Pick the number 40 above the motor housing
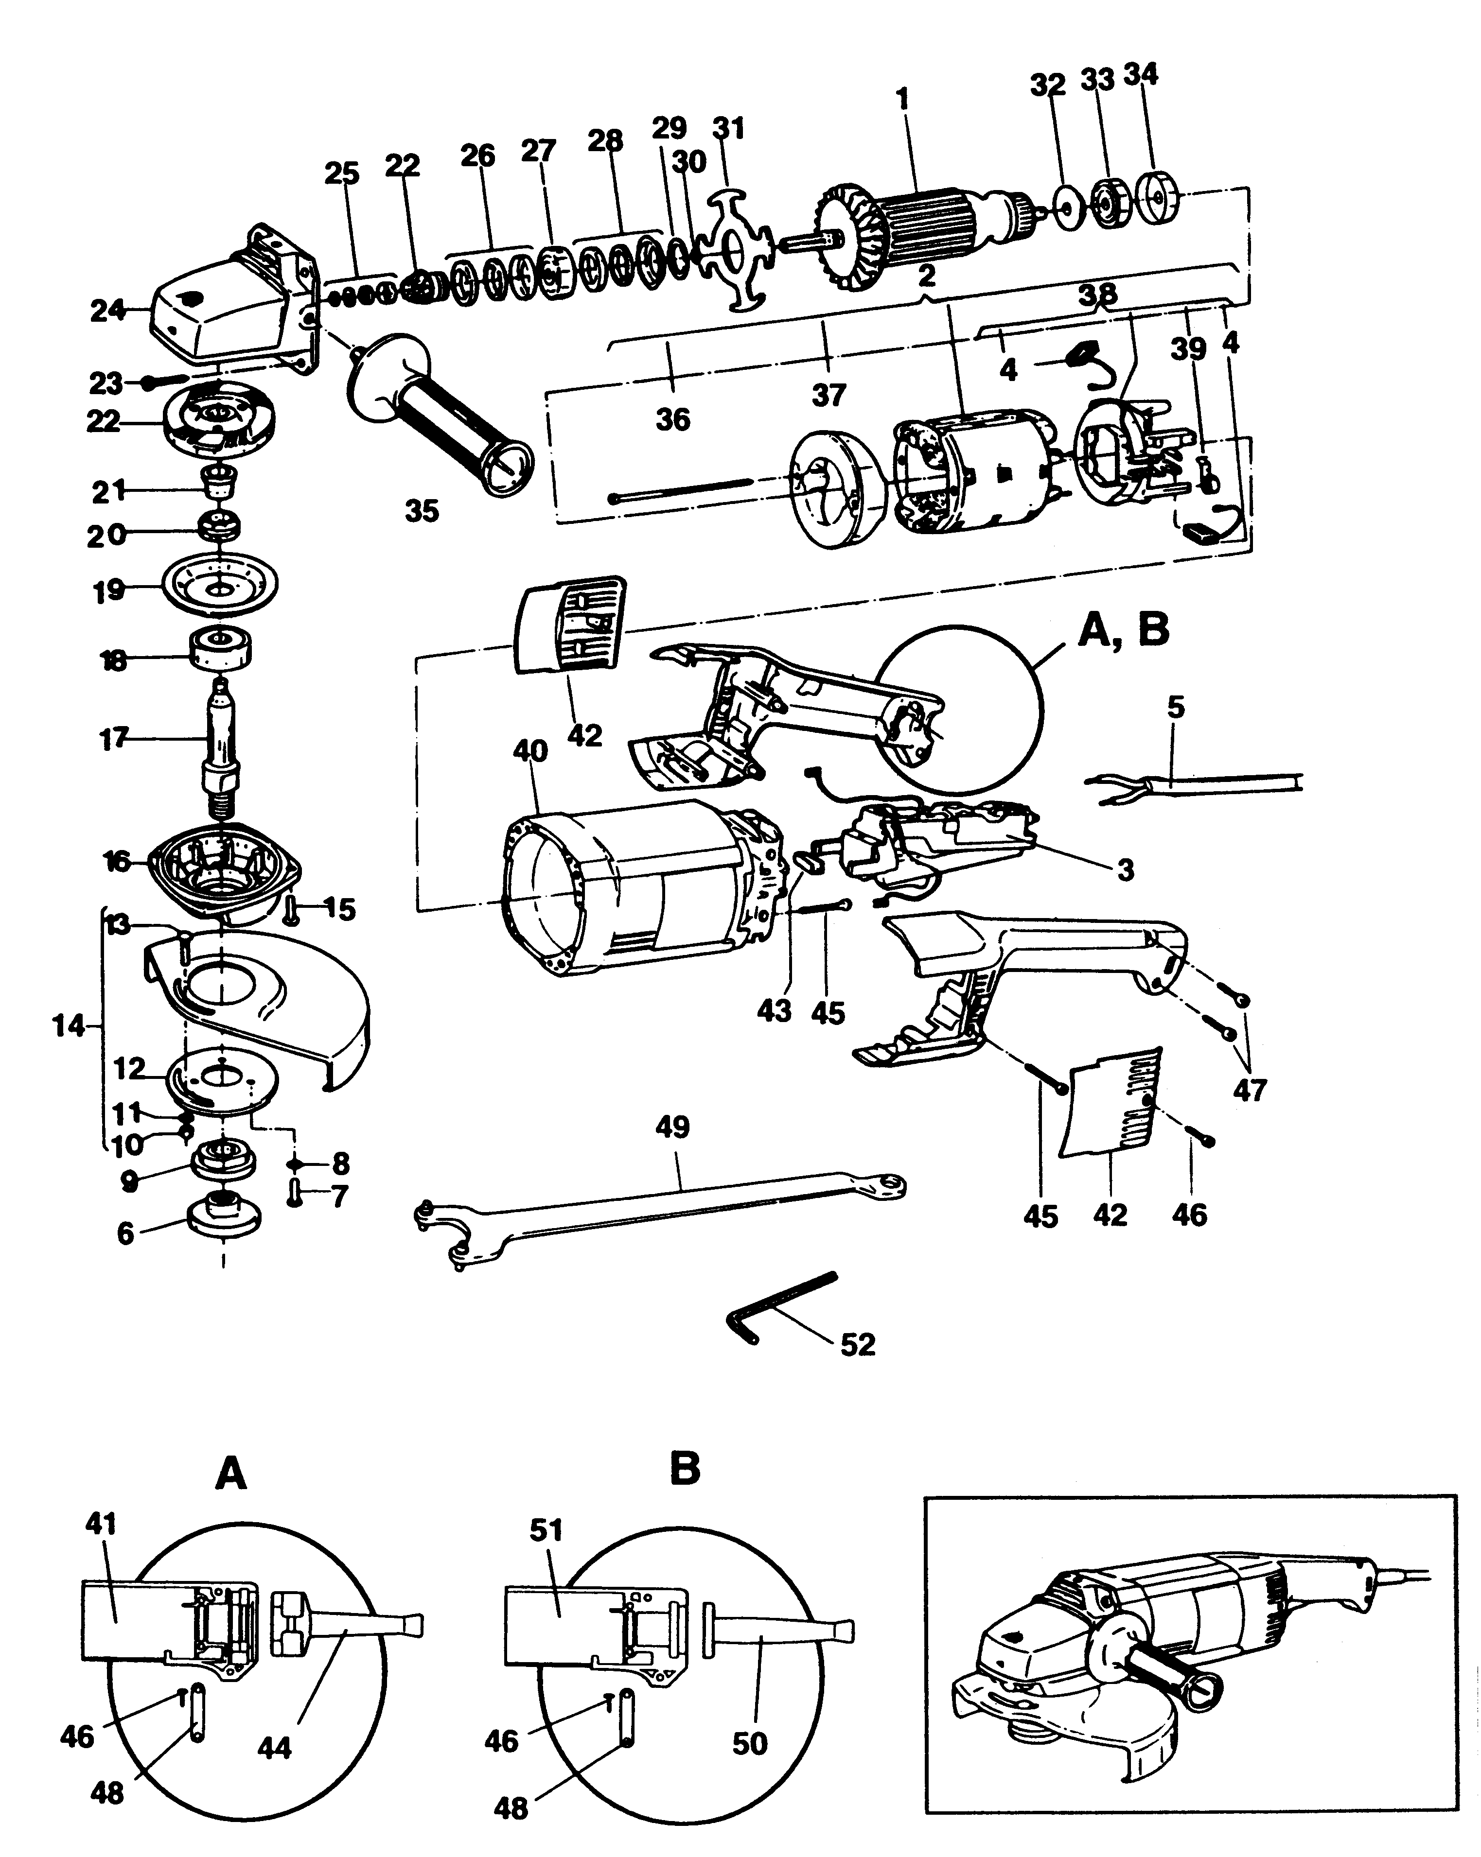coord(530,750)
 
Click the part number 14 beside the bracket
coord(69,1026)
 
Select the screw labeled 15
coord(293,909)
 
